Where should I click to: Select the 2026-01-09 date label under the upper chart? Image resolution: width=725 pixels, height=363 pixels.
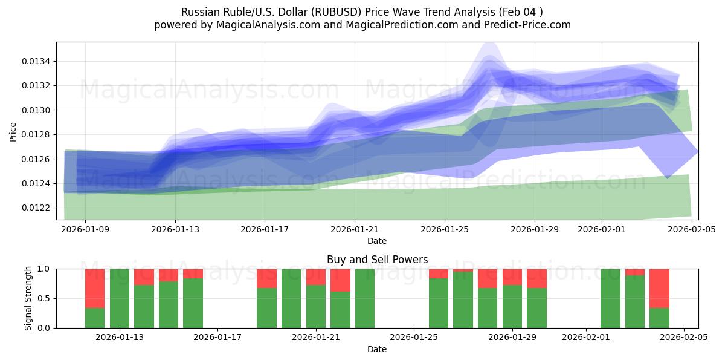[85, 230]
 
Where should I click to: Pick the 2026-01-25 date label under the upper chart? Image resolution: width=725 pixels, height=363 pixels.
[444, 230]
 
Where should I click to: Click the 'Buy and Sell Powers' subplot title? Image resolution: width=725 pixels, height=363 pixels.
[377, 260]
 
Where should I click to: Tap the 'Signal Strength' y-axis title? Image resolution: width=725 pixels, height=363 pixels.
[28, 298]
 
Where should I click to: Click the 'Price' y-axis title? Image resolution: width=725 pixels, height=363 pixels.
[13, 131]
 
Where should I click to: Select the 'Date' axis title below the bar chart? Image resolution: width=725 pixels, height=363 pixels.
[377, 349]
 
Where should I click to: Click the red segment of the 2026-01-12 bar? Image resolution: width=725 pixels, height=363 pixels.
[95, 288]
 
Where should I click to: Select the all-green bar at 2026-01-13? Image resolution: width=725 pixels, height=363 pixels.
[120, 298]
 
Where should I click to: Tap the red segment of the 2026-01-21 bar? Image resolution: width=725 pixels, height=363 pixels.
[316, 276]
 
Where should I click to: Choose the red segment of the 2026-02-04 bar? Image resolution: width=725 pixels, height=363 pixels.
[659, 288]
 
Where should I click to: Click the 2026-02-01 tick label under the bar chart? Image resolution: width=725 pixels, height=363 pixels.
[586, 337]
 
